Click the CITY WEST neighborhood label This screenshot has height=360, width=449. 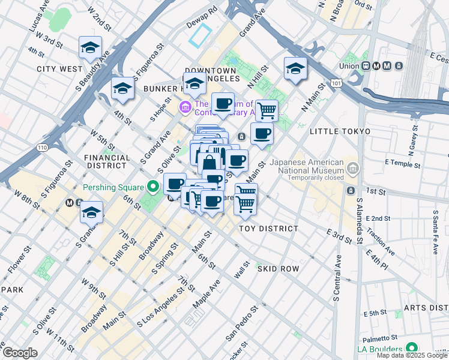tap(59, 69)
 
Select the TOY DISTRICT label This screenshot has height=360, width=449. tap(268, 229)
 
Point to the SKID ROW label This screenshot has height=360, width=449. tap(278, 269)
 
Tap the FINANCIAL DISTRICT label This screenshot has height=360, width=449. tap(107, 162)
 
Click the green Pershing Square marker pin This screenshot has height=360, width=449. tap(153, 187)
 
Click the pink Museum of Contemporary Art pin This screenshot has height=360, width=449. tap(185, 107)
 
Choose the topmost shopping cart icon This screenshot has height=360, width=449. tap(267, 110)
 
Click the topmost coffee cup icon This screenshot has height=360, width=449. tap(223, 103)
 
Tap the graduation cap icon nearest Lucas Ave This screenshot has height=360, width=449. tap(90, 47)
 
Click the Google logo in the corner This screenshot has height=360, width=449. tap(20, 353)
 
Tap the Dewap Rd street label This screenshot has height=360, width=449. tap(205, 11)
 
